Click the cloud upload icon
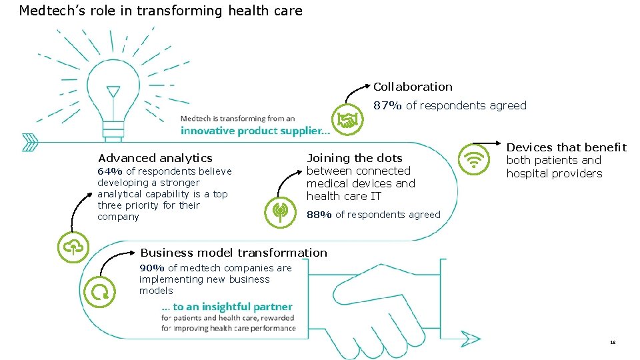[x=72, y=247]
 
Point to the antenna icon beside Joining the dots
[x=279, y=213]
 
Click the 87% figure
[x=387, y=105]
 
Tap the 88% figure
[x=319, y=215]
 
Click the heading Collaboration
[x=413, y=87]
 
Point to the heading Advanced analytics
[x=155, y=158]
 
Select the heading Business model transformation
[x=233, y=253]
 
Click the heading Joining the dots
[x=355, y=158]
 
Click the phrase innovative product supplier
[x=255, y=131]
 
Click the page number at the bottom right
[x=613, y=342]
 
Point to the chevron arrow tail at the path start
[x=29, y=142]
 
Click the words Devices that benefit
[x=567, y=147]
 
